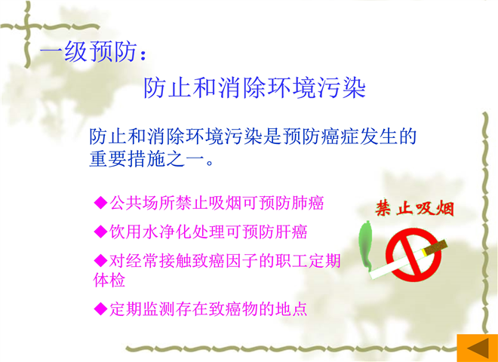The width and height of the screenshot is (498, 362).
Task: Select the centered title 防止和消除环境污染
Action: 255,87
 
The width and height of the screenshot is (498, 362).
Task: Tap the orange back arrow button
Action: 478,348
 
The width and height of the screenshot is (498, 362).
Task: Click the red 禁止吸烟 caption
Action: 414,209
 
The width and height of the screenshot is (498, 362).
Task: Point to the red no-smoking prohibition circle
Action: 413,255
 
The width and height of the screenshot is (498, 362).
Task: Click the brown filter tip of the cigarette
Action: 436,247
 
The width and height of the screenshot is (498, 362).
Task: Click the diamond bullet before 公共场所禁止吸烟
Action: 100,203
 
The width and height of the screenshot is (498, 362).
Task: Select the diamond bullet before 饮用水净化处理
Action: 100,232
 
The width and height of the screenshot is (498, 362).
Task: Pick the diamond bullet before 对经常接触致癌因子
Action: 100,261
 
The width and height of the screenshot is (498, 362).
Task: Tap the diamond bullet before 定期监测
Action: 100,308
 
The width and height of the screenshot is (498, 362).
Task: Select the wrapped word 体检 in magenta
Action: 109,280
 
